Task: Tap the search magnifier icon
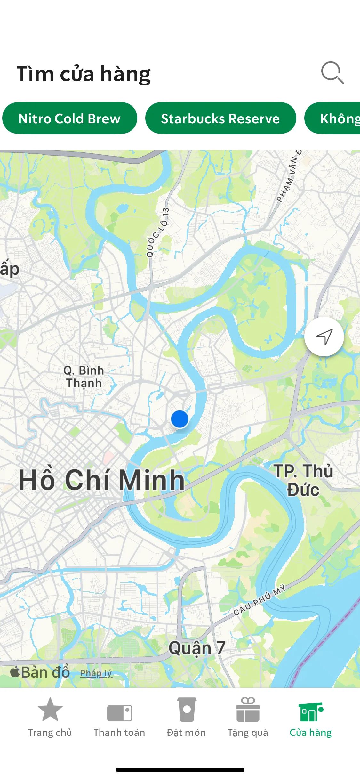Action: point(332,73)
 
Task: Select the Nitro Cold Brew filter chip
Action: point(69,118)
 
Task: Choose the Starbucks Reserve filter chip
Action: point(220,118)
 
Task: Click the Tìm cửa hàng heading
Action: point(84,74)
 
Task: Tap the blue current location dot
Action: point(180,419)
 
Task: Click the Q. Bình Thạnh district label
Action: point(84,377)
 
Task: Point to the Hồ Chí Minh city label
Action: point(101,480)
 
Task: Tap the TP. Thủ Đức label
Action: point(303,480)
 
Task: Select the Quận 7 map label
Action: point(197,648)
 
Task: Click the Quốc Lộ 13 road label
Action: point(157,232)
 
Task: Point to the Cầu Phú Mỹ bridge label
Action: point(259,600)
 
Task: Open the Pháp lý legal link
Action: point(96,673)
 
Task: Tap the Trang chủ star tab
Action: point(50,717)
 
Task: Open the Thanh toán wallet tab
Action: point(119,717)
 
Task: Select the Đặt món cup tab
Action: point(186,717)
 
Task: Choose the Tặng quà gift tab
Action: point(248,717)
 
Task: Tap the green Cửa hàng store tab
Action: point(310,717)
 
